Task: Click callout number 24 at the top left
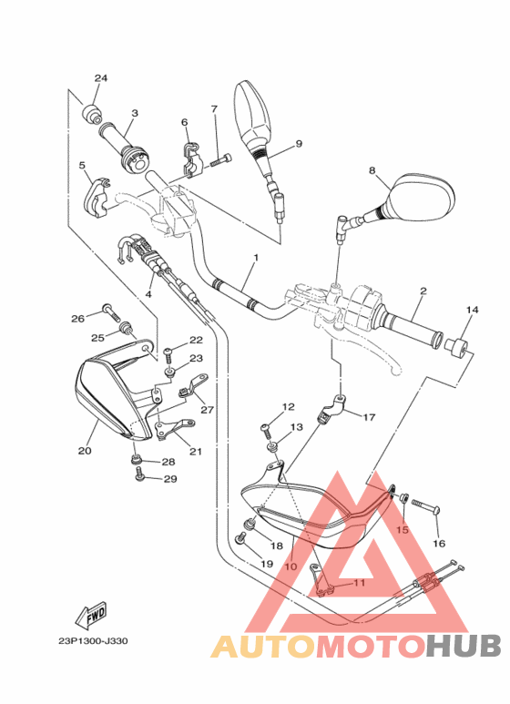[x=101, y=78]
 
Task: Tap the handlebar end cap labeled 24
[x=93, y=114]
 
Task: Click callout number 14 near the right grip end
[x=471, y=311]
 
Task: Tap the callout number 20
[x=85, y=450]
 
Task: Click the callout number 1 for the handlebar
[x=256, y=258]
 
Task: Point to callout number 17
[x=369, y=418]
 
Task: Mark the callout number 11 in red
[x=358, y=583]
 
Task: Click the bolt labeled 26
[x=110, y=312]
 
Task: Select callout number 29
[x=168, y=478]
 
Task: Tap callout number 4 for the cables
[x=148, y=296]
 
